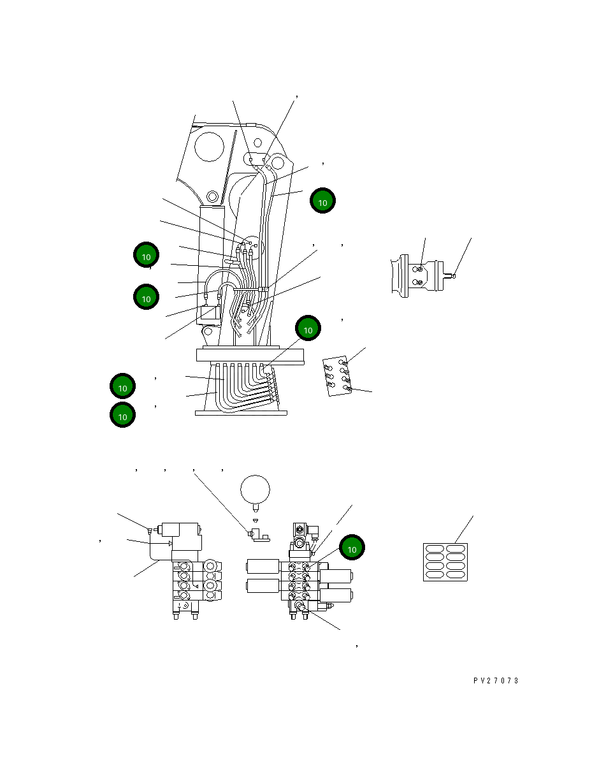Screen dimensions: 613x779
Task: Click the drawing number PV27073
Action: [x=496, y=681]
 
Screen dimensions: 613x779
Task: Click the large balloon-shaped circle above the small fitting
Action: [x=255, y=490]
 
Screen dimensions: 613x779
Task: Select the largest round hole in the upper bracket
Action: [x=209, y=147]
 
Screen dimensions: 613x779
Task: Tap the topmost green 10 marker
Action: [x=322, y=201]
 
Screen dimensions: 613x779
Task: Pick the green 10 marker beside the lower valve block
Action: [x=352, y=548]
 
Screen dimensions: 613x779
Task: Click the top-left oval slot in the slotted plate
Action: [x=435, y=548]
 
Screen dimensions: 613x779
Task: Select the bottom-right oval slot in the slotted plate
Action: [x=456, y=574]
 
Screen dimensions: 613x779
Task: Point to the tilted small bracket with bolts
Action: [x=337, y=376]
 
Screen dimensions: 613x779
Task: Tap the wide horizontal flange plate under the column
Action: [x=250, y=355]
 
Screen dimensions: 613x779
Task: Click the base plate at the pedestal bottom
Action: [x=241, y=413]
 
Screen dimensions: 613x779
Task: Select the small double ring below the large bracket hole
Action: [x=212, y=196]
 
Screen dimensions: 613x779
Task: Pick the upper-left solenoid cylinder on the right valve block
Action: [x=263, y=567]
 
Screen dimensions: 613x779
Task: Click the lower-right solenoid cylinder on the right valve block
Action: [x=335, y=595]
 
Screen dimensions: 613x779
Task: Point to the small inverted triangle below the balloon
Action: [x=256, y=521]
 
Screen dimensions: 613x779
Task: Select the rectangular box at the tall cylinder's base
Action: [x=208, y=316]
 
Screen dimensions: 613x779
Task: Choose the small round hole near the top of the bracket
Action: [x=257, y=143]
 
